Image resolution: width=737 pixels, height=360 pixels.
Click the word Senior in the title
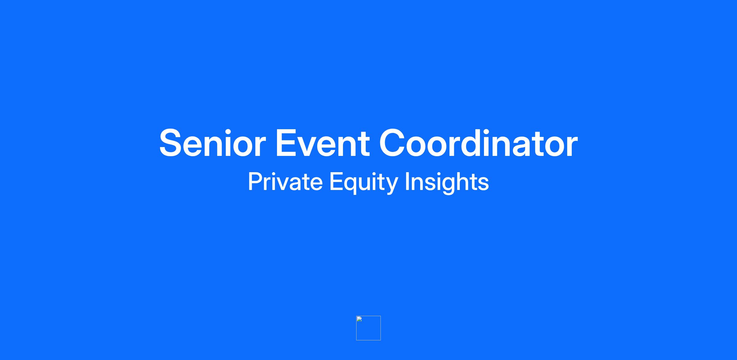[x=213, y=143]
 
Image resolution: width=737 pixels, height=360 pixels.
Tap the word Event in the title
[x=322, y=143]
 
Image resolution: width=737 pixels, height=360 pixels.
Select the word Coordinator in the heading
[x=478, y=142]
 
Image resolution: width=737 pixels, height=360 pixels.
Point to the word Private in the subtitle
[x=285, y=182]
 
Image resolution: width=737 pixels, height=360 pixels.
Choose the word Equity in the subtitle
[x=364, y=183]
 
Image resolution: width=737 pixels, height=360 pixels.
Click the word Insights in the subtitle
[x=447, y=183]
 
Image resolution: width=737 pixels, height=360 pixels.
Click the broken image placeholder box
[x=368, y=328]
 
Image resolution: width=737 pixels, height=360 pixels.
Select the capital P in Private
[x=255, y=181]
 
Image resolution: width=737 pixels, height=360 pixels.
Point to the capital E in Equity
[x=336, y=181]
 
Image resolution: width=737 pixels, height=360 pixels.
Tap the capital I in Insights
[x=407, y=181]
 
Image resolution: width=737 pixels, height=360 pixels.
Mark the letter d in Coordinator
[x=477, y=143]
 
